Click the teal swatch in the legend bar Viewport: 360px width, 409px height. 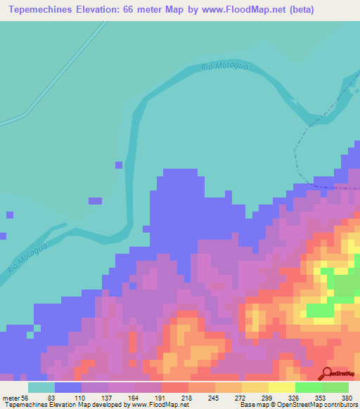[41, 387]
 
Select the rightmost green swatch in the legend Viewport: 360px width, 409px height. [335, 387]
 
